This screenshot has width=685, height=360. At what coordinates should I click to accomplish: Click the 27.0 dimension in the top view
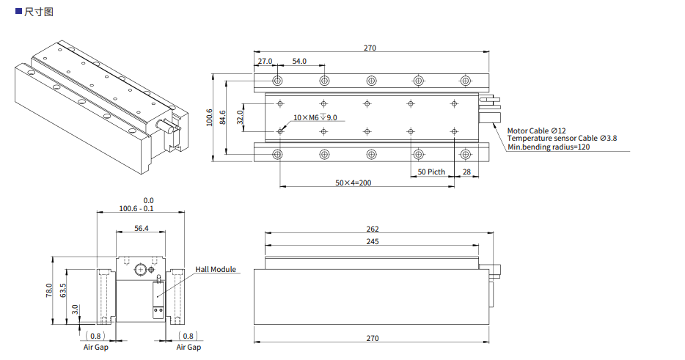click(265, 61)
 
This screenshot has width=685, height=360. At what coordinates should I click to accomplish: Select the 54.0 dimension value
click(299, 61)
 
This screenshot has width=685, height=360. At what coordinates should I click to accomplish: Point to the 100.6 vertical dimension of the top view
click(210, 117)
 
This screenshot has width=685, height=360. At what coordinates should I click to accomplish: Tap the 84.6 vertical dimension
click(223, 117)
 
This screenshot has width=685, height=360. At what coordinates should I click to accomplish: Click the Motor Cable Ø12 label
click(537, 130)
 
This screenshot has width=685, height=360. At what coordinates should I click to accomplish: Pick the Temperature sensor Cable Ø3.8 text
click(562, 138)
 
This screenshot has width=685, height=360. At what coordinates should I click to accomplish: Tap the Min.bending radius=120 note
click(549, 147)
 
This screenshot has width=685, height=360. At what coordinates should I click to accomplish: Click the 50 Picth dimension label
click(431, 172)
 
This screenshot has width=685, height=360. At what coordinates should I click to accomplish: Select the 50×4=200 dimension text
click(354, 183)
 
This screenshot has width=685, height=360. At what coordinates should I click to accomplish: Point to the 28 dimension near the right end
click(466, 172)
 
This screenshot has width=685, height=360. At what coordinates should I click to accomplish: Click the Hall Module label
click(216, 269)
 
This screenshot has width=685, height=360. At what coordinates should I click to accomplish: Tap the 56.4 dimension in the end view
click(142, 229)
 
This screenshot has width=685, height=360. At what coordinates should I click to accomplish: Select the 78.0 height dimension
click(50, 290)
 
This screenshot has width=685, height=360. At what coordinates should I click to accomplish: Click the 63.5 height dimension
click(63, 290)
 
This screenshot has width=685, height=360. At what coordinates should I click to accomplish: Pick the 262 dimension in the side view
click(373, 229)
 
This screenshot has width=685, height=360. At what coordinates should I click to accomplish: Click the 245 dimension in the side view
click(373, 241)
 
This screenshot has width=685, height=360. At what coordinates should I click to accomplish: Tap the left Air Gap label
click(95, 347)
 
